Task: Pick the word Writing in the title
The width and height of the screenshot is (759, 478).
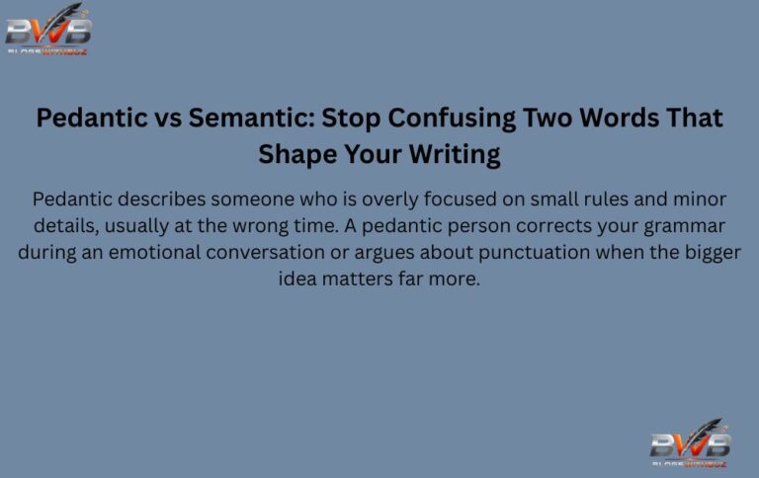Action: click(448, 154)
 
